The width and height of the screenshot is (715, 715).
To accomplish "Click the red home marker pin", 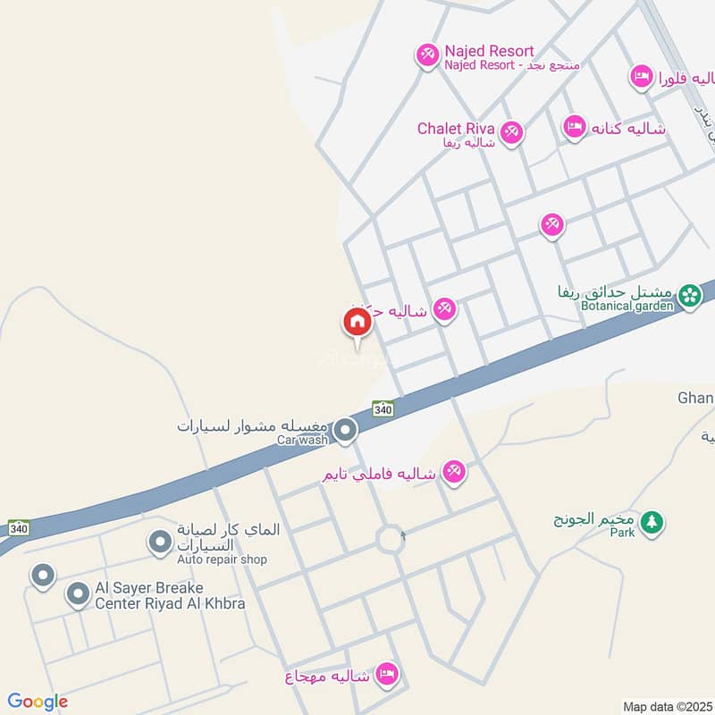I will click(356, 322).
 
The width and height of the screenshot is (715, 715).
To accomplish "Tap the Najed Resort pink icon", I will click(427, 55).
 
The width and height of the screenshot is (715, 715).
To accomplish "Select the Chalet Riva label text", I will click(455, 129).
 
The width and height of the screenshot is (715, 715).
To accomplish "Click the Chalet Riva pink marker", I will click(510, 133).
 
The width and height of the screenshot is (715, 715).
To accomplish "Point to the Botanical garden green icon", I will click(688, 296).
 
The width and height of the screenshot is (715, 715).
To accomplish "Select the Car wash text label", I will click(303, 441).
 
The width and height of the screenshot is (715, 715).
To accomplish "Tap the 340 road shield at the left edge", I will click(18, 527).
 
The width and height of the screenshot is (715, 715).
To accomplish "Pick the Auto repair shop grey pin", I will click(160, 542).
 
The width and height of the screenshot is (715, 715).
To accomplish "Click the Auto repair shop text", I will click(222, 559).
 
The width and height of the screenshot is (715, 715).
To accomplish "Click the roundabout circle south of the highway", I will click(391, 539).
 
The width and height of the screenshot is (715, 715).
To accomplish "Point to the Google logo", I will click(38, 702).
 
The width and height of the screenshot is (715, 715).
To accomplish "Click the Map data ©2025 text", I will click(667, 706).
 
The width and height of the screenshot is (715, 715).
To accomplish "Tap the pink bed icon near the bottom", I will click(387, 674).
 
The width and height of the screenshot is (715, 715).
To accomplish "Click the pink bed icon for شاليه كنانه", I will click(574, 127).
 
